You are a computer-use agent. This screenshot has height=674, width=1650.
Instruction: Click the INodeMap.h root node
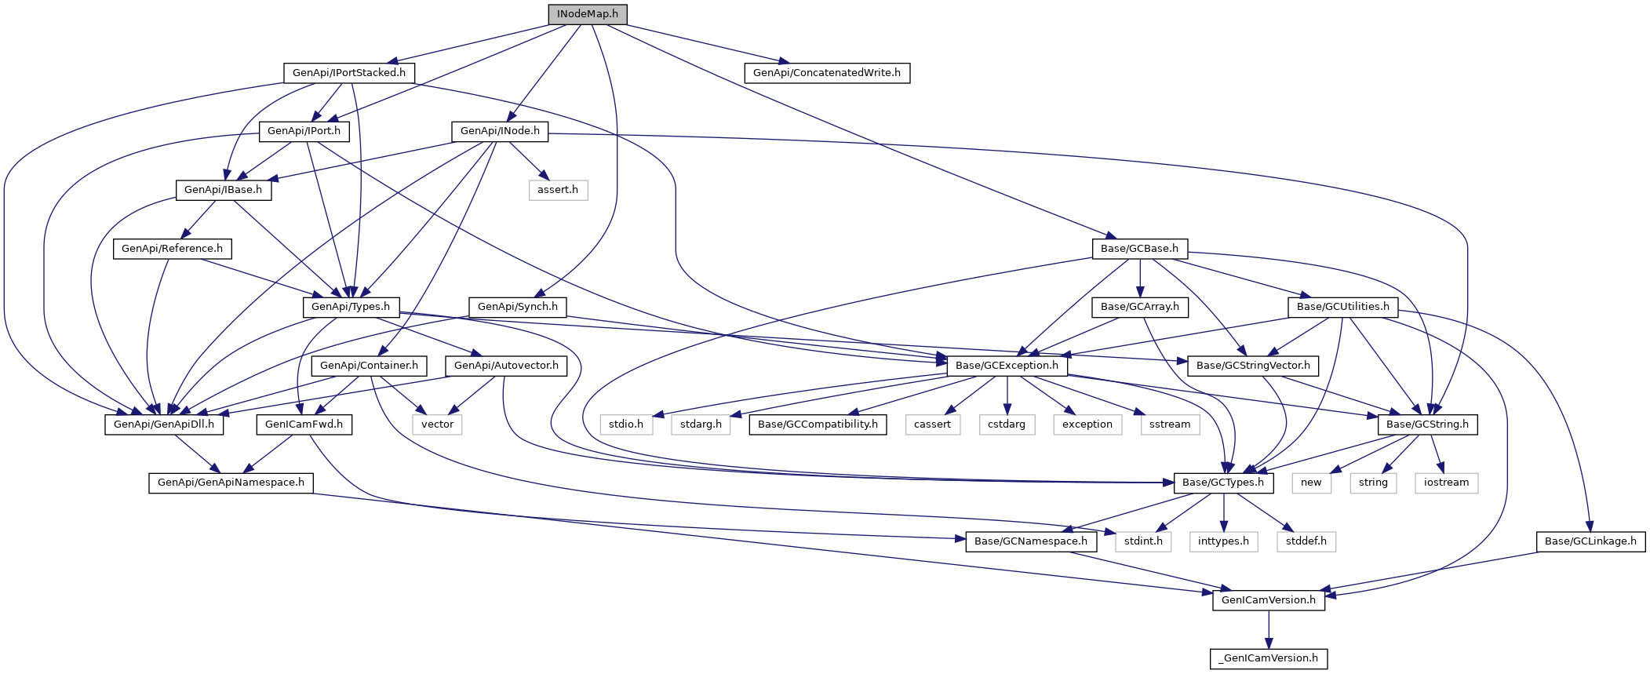pyautogui.click(x=588, y=14)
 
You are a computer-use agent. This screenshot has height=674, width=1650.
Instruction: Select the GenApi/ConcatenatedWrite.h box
pyautogui.click(x=827, y=73)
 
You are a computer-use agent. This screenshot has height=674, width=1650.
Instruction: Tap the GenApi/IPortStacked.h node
pyautogui.click(x=349, y=73)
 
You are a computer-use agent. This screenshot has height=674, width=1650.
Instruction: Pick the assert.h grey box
pyautogui.click(x=558, y=190)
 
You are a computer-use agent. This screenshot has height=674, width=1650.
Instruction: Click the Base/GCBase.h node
pyautogui.click(x=1139, y=249)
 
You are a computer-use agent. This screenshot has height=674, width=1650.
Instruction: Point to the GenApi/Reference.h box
pyautogui.click(x=173, y=249)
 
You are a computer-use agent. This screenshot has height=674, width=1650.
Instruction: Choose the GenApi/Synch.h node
pyautogui.click(x=518, y=307)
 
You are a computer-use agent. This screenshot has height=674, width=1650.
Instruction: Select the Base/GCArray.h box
pyautogui.click(x=1140, y=307)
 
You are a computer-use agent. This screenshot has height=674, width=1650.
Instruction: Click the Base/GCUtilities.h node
pyautogui.click(x=1343, y=307)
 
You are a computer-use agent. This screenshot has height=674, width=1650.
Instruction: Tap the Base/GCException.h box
pyautogui.click(x=1007, y=366)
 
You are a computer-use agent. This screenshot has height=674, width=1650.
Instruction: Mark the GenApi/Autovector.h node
pyautogui.click(x=506, y=366)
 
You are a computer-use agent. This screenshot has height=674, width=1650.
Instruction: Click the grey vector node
pyautogui.click(x=438, y=424)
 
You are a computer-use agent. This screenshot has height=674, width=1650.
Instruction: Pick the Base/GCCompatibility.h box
pyautogui.click(x=818, y=424)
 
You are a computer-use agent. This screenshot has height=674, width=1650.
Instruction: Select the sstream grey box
pyautogui.click(x=1170, y=424)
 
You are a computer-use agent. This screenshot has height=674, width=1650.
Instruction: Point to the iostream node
pyautogui.click(x=1446, y=483)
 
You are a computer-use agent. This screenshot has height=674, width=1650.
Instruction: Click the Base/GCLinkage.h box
pyautogui.click(x=1590, y=541)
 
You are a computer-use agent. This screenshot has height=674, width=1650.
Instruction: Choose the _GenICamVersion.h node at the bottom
pyautogui.click(x=1269, y=658)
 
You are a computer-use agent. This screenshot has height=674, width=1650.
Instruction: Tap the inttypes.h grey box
pyautogui.click(x=1223, y=541)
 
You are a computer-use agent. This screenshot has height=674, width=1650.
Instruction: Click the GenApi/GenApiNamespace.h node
pyautogui.click(x=231, y=483)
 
